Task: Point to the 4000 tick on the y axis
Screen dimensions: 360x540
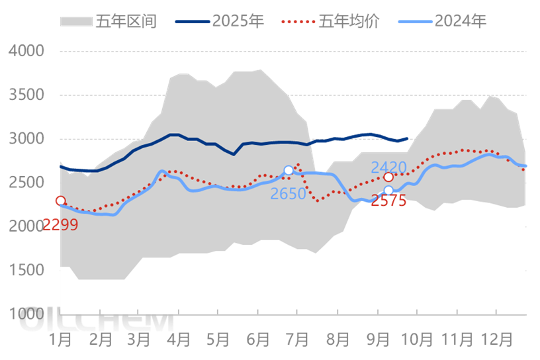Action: pos(26,51)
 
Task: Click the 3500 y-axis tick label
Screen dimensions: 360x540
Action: pos(26,95)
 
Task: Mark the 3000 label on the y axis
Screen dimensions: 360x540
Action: pos(26,139)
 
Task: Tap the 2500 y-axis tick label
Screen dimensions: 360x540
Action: pos(26,183)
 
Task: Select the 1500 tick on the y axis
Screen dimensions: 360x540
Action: pos(26,270)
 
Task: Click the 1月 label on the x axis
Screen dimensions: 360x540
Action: pos(61,339)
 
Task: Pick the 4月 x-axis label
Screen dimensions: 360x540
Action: pos(179,339)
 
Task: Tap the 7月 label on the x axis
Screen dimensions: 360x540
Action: pos(297,339)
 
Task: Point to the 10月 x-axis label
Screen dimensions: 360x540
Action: pos(418,339)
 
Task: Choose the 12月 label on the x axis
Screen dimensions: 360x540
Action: pos(496,339)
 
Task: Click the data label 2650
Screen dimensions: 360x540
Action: pos(288,193)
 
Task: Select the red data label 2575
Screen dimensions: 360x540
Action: pos(388,201)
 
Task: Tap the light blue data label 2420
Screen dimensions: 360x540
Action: pos(388,167)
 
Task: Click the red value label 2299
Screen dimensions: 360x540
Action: pos(60,225)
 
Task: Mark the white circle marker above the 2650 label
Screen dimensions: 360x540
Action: pos(289,171)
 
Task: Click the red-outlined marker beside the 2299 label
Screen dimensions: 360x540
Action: pos(60,201)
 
